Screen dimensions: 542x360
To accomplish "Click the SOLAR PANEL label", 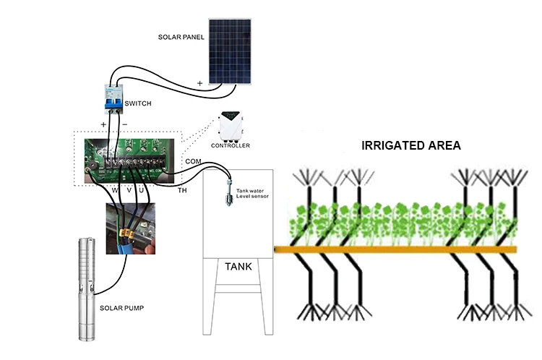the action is click(x=181, y=37).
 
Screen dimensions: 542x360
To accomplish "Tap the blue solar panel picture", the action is click(x=230, y=51).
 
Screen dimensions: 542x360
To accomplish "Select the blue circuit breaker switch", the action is click(x=113, y=99).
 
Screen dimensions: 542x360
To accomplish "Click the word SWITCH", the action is click(x=138, y=103).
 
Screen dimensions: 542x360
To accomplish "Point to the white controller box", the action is click(x=231, y=127).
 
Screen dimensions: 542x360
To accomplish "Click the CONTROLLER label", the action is click(x=231, y=145).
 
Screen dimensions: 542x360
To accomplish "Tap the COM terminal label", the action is click(x=193, y=161).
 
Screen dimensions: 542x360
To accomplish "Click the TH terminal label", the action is click(x=182, y=190).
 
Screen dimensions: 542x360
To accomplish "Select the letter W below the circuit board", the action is click(x=115, y=190).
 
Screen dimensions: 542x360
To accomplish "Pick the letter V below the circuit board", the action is click(x=129, y=190).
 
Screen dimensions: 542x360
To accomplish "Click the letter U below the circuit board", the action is click(x=142, y=190).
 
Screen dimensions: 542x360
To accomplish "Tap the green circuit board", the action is click(x=129, y=160).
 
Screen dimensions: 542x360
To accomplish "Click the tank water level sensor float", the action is click(x=229, y=192).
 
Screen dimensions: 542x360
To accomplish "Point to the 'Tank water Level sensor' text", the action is click(x=252, y=193).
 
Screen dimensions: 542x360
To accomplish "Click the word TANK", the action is click(x=238, y=267).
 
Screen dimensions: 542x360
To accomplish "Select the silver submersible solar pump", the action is click(x=87, y=288).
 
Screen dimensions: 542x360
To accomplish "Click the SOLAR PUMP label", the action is click(x=121, y=308).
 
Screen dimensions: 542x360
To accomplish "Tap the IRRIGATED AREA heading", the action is click(x=411, y=145).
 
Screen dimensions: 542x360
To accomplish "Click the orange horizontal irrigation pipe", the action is click(x=395, y=249).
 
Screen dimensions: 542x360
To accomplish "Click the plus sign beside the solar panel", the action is click(x=199, y=83).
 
